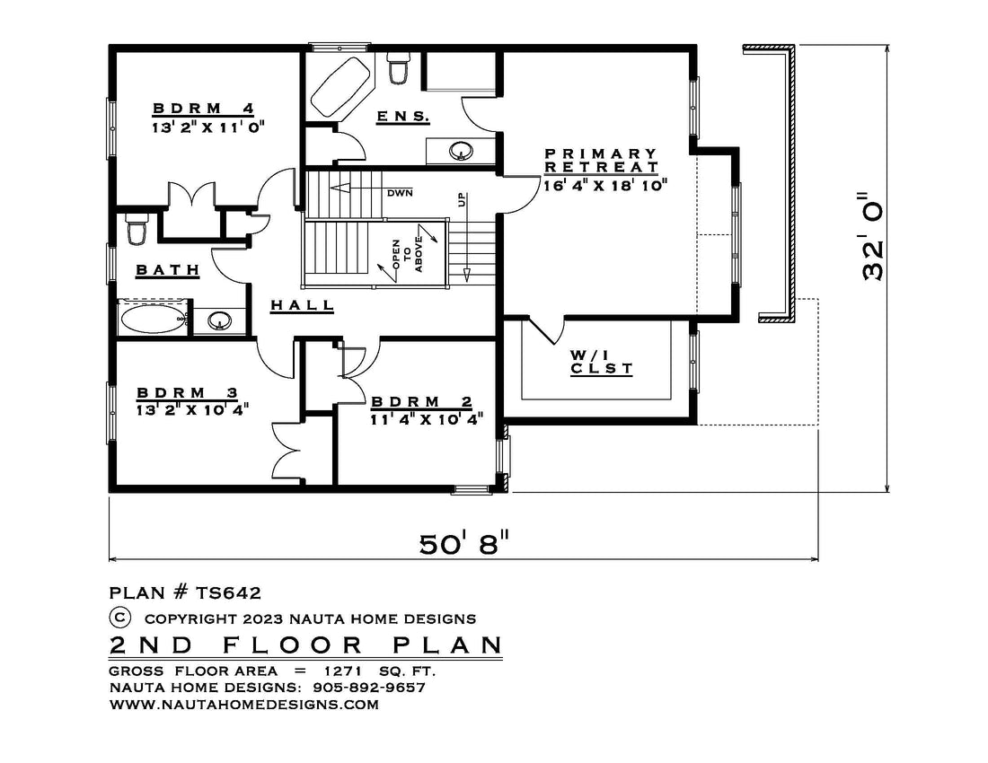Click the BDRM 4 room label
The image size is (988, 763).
coord(203,109)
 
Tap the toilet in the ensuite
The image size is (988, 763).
coord(398,68)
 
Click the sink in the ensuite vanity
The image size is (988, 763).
coord(462,151)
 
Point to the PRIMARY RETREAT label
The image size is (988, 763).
coord(602,161)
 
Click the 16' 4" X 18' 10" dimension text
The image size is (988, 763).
coord(605,185)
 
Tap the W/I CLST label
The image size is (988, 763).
coord(601,362)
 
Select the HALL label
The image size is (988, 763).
coord(303,306)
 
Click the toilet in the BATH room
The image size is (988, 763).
coord(137,229)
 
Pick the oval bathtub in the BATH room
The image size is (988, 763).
coord(154,320)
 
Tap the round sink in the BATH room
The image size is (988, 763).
coord(219,320)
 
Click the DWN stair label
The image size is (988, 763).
coord(400,193)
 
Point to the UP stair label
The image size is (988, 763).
coord(462,200)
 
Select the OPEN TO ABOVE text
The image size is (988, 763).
coord(408,255)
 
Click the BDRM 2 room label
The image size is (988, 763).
coord(421,402)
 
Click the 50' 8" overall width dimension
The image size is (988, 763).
coord(463,543)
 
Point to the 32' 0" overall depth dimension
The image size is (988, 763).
coord(873,236)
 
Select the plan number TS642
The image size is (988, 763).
coord(228,593)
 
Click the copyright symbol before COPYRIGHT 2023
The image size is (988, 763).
coord(119,618)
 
